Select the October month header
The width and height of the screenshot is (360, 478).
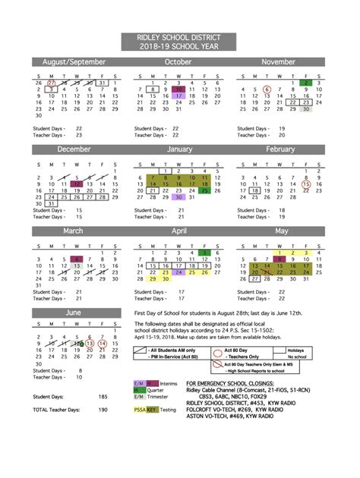(178, 61)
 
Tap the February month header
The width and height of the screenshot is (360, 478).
(280, 149)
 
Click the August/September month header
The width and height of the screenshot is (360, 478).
(74, 61)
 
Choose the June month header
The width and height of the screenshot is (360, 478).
(74, 312)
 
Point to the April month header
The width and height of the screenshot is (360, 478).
(179, 231)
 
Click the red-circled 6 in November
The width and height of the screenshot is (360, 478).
(267, 89)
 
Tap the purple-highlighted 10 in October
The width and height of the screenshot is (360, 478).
(178, 89)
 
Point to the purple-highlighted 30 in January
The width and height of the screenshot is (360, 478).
(178, 197)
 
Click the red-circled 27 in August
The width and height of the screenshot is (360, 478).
(51, 82)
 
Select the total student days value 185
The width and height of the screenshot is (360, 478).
(103, 397)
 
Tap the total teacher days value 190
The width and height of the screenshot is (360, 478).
(103, 410)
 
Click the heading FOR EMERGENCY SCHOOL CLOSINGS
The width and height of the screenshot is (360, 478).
(231, 384)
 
